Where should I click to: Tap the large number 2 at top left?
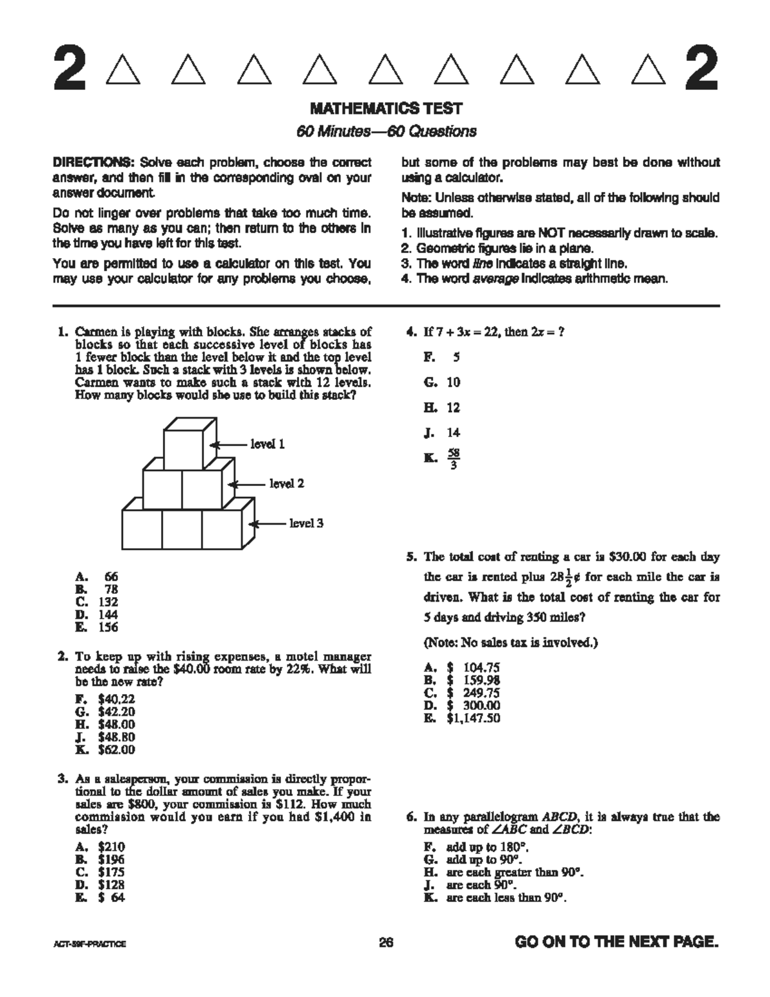pyautogui.click(x=69, y=69)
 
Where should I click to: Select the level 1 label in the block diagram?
pyautogui.click(x=267, y=444)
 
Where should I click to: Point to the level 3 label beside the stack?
pyautogui.click(x=306, y=523)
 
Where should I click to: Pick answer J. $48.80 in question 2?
pyautogui.click(x=105, y=737)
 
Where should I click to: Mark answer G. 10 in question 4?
pyautogui.click(x=442, y=382)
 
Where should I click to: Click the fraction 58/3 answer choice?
pyautogui.click(x=453, y=458)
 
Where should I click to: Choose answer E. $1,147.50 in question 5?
pyautogui.click(x=462, y=718)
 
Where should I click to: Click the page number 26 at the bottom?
pyautogui.click(x=386, y=942)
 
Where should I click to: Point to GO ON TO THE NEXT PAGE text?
pyautogui.click(x=616, y=942)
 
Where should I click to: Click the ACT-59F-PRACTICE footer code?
pyautogui.click(x=89, y=944)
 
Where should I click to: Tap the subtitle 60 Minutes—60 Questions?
pyautogui.click(x=386, y=132)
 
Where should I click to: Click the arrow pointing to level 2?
pyautogui.click(x=248, y=484)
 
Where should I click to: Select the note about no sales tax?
pyautogui.click(x=511, y=642)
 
